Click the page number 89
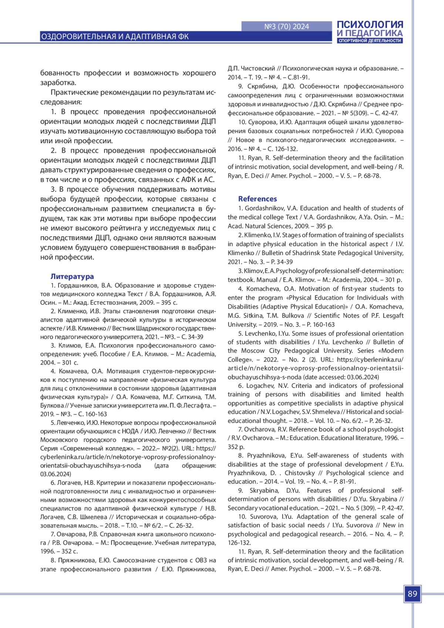point(412,594)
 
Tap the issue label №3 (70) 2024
point(286,27)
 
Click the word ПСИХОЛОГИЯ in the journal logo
point(370,25)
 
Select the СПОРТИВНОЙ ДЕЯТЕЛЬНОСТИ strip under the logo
point(370,41)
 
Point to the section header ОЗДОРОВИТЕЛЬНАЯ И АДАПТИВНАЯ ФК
point(115,37)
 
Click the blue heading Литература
point(72,276)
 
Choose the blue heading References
point(258,199)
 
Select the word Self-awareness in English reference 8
point(327,455)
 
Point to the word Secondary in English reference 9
point(242,508)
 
